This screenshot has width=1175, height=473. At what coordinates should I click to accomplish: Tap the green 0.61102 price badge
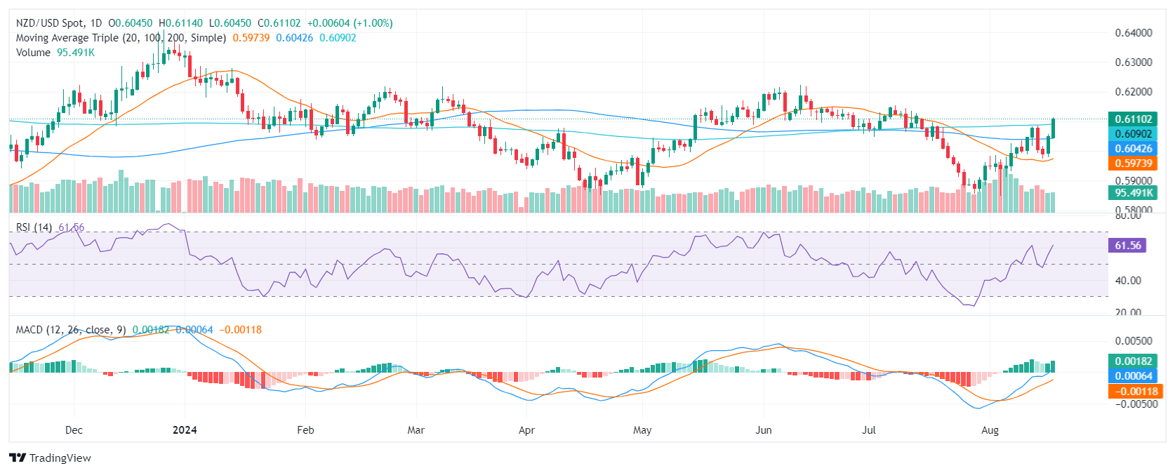[x=1133, y=119]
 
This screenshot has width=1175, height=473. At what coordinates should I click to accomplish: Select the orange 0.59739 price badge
[x=1133, y=164]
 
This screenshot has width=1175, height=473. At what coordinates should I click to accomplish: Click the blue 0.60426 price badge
[x=1133, y=149]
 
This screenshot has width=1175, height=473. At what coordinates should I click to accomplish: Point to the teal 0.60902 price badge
[x=1133, y=134]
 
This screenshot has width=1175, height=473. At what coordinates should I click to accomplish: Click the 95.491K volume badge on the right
[x=1133, y=193]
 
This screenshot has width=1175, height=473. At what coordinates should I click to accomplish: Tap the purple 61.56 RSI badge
[x=1127, y=246]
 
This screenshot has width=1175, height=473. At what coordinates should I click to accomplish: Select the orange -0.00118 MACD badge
[x=1134, y=392]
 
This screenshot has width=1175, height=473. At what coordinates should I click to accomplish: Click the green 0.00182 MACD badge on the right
[x=1133, y=361]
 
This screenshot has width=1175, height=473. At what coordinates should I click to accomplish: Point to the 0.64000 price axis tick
[x=1133, y=33]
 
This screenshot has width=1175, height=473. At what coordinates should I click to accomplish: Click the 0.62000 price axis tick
[x=1133, y=92]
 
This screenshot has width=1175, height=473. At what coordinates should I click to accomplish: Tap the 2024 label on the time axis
[x=185, y=430]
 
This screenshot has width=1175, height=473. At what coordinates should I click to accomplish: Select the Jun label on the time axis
[x=763, y=430]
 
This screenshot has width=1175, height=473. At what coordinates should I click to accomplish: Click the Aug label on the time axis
[x=990, y=430]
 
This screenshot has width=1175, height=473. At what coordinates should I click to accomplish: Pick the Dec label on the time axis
[x=74, y=430]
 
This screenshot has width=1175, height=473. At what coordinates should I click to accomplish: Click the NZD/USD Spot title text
[x=50, y=23]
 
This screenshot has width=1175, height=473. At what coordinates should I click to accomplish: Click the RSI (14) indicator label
[x=34, y=227]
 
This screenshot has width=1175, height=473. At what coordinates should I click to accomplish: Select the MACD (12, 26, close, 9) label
[x=71, y=330]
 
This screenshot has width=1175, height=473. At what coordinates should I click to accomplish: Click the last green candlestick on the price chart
[x=1054, y=128]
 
